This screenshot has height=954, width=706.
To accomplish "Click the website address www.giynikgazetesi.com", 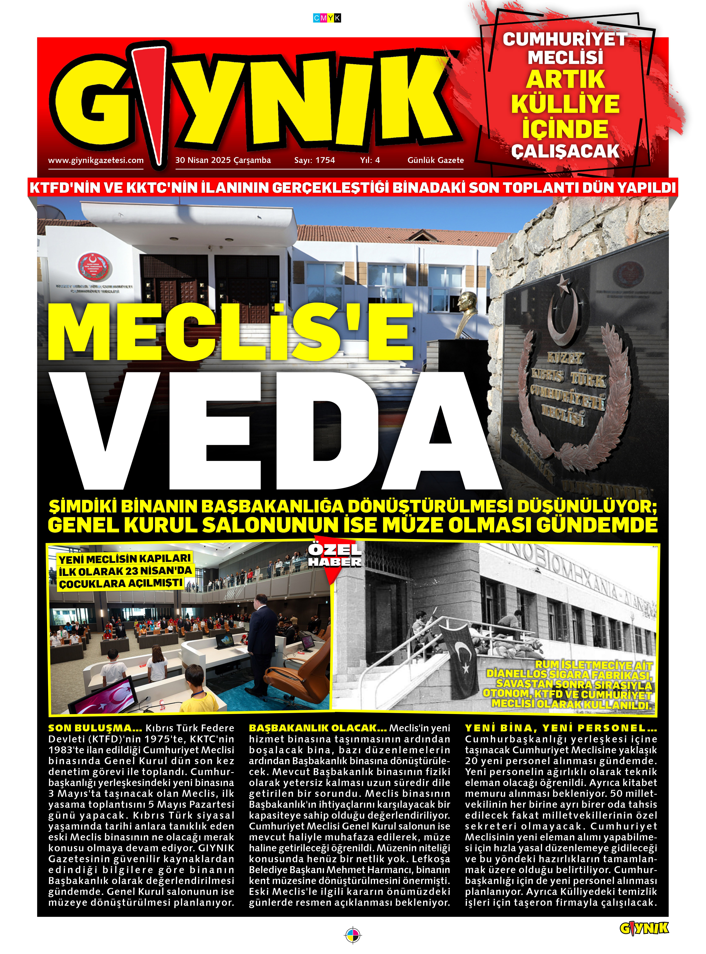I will pyautogui.click(x=96, y=160).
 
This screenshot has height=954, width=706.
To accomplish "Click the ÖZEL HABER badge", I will pyautogui.click(x=335, y=556).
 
